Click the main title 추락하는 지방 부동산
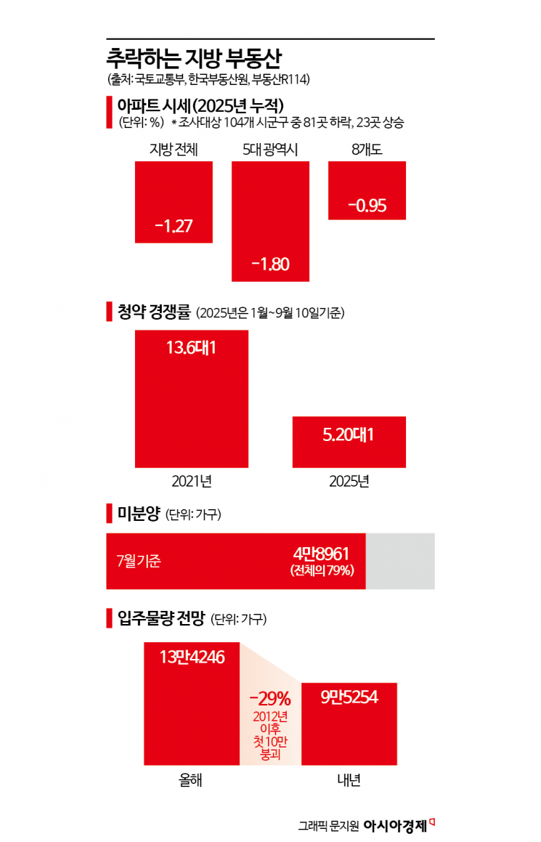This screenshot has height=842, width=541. [x=195, y=57]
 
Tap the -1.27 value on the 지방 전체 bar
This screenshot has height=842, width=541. [x=174, y=225]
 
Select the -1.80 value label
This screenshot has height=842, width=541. [x=270, y=264]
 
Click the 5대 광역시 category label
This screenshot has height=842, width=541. [x=271, y=150]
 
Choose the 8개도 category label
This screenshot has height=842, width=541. [x=367, y=150]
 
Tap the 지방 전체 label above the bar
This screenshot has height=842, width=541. [x=174, y=150]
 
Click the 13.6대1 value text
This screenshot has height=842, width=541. [x=192, y=348]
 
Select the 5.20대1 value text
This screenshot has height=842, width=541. [x=349, y=434]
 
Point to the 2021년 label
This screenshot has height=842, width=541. [x=192, y=481]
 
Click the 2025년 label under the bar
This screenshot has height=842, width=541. [x=349, y=481]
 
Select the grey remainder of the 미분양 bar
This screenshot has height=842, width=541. [x=400, y=561]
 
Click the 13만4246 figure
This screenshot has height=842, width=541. [x=192, y=657]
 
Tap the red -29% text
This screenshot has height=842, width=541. [x=269, y=699]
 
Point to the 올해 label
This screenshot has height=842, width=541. [x=192, y=780]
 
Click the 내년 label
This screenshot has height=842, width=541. [x=349, y=780]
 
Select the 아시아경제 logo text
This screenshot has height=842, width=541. [x=394, y=825]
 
